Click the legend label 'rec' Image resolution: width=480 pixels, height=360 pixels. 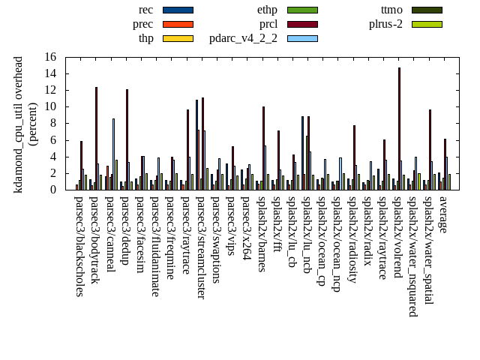(146, 10)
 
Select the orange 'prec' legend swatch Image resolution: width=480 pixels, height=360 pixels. (178, 24)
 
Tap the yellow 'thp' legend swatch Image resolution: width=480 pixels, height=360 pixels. (178, 38)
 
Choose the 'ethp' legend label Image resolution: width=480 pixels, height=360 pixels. (267, 10)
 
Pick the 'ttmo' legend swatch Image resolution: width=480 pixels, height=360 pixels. (427, 10)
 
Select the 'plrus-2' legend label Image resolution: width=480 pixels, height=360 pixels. (385, 24)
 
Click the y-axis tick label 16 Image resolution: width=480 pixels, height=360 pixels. (50, 57)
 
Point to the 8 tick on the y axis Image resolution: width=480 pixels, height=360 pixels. (53, 123)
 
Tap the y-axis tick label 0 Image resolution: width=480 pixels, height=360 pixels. (53, 190)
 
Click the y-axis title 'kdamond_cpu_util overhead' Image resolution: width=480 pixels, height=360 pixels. (19, 124)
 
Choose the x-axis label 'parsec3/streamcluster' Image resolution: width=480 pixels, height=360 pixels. (201, 247)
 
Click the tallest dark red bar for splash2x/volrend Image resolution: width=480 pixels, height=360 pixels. (399, 128)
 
